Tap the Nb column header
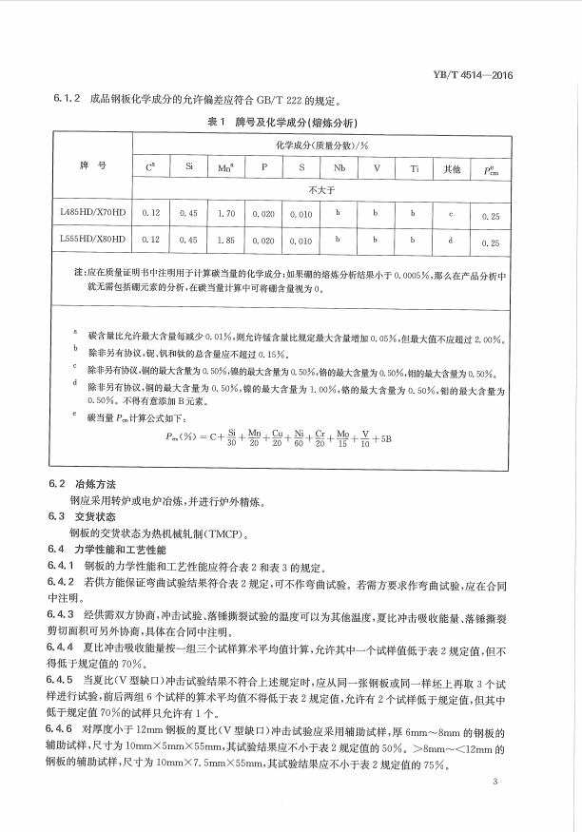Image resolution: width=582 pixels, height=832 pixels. [x=338, y=168]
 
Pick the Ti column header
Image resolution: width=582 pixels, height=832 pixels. [x=414, y=168]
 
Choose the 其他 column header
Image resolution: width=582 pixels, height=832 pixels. [x=452, y=168]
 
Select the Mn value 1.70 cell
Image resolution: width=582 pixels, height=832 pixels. [x=226, y=215]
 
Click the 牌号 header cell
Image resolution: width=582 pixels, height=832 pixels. [x=92, y=166]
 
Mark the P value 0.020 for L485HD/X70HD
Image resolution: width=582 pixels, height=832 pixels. [x=263, y=215]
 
